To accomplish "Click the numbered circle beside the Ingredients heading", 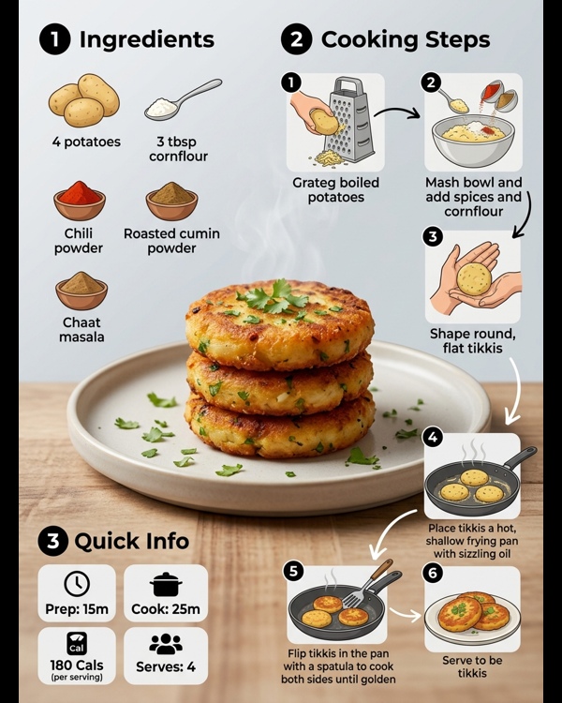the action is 54,39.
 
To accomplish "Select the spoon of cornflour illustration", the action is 183,99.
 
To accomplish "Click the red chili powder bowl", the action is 80,201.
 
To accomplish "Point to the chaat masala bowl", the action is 81,291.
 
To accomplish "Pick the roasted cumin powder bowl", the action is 171,201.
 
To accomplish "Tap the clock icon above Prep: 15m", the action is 77,584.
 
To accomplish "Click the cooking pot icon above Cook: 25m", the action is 166,584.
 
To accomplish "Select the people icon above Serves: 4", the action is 166,644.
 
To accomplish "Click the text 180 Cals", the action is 77,665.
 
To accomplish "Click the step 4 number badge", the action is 433,437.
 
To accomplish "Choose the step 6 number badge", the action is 433,573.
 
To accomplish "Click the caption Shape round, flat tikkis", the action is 473,341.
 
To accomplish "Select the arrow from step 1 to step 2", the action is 396,112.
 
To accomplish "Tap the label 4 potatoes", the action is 86,142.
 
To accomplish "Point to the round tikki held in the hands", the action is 474,279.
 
